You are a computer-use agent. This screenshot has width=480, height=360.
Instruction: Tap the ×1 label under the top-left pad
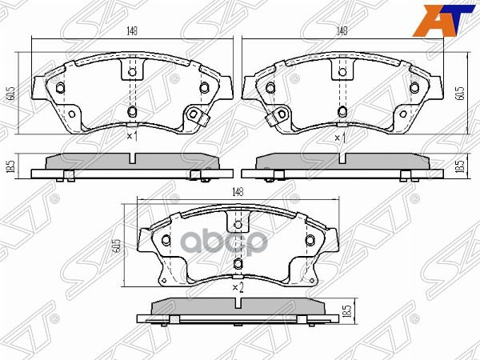pyautogui.click(x=134, y=137)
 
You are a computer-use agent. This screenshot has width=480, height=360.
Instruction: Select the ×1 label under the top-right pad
pyautogui.click(x=339, y=138)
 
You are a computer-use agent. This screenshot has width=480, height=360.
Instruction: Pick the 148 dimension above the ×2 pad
pyautogui.click(x=238, y=192)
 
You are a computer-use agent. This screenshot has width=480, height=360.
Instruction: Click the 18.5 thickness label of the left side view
pyautogui.click(x=10, y=169)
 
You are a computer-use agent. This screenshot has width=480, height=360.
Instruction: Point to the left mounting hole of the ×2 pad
pyautogui.click(x=166, y=241)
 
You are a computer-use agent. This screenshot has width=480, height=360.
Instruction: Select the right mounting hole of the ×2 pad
pyautogui.click(x=308, y=241)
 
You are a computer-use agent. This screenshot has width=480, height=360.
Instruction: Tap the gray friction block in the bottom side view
pyautogui.click(x=237, y=307)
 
